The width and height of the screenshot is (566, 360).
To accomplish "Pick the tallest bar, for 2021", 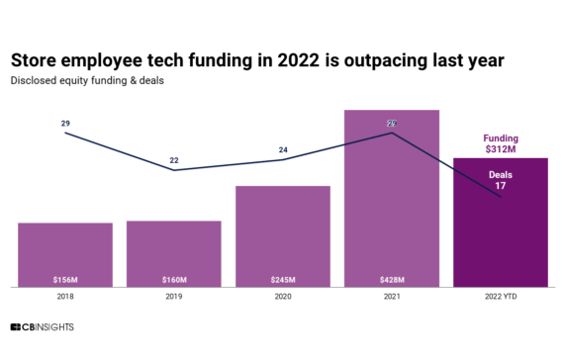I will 392,198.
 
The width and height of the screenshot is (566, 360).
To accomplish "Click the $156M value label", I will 65,279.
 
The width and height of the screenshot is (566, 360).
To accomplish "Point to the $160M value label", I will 174,279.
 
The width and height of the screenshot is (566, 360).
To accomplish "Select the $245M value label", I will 283,279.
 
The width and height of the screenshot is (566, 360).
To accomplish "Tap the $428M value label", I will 392,279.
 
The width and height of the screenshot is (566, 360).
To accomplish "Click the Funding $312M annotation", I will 501,144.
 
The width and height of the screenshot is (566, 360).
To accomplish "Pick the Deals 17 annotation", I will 501,180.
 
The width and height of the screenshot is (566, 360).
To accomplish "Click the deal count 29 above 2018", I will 65,124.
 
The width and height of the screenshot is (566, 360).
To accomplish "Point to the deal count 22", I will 174,160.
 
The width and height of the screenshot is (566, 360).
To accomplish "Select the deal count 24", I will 283,150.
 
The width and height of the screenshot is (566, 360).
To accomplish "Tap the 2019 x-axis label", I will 174,296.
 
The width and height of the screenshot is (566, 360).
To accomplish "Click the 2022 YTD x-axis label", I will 501,296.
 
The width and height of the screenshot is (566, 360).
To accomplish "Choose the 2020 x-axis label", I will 283,296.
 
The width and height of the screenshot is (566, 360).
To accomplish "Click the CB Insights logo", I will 42,327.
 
